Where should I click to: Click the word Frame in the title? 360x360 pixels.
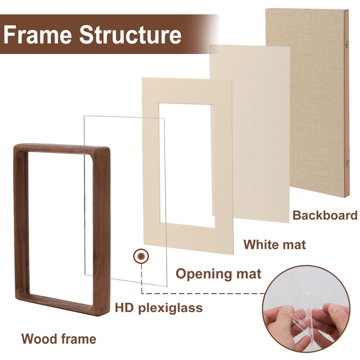pyautogui.click(x=38, y=35)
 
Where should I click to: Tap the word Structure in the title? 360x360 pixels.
pyautogui.click(x=130, y=35)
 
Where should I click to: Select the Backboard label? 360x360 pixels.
pyautogui.click(x=325, y=215)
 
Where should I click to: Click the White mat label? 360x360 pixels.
pyautogui.click(x=274, y=245)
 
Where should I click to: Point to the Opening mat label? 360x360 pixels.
pyautogui.click(x=218, y=274)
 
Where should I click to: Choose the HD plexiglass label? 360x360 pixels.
pyautogui.click(x=159, y=308)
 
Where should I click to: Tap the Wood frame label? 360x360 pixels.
pyautogui.click(x=59, y=339)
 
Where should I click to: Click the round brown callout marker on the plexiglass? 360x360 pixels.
pyautogui.click(x=141, y=256)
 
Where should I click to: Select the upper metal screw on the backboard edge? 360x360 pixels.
pyautogui.click(x=347, y=44)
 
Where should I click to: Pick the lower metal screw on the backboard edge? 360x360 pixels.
pyautogui.click(x=347, y=163)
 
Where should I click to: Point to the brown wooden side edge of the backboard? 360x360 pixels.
pyautogui.click(x=347, y=104)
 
